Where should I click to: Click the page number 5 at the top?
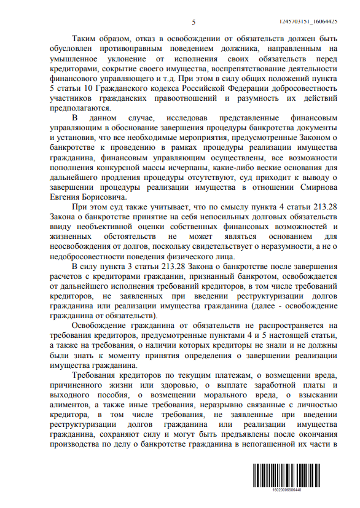[x=193, y=23]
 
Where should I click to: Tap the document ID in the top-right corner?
[x=319, y=21]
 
